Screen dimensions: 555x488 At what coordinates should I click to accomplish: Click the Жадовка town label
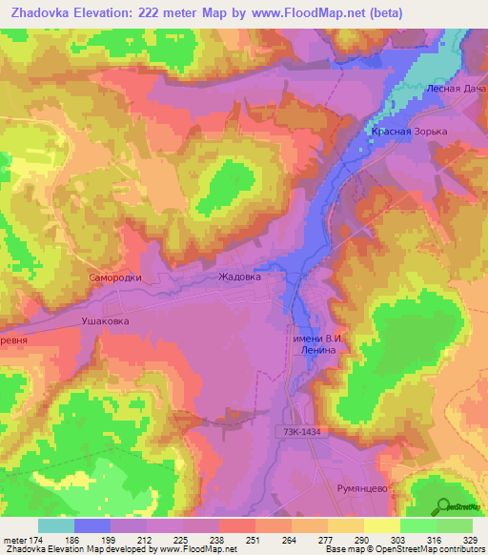point(239,277)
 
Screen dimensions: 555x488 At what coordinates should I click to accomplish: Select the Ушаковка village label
point(105,321)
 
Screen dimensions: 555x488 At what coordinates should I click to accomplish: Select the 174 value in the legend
point(46,539)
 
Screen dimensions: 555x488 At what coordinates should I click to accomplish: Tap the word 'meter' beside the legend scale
point(17,539)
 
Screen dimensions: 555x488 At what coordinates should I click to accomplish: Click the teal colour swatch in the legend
point(56,525)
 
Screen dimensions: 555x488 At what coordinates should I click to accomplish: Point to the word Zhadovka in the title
point(43,12)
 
